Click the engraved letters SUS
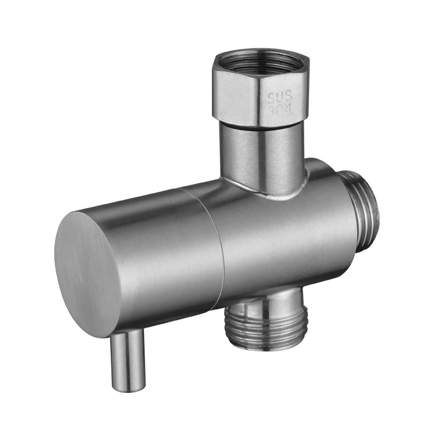[280, 97]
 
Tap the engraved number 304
[279, 110]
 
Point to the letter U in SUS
[281, 97]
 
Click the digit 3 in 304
[271, 111]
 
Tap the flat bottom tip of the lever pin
[128, 386]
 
